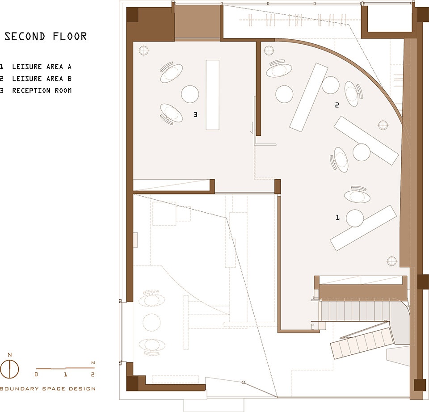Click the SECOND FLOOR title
click(46, 36)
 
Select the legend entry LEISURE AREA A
click(42, 67)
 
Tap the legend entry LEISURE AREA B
click(42, 79)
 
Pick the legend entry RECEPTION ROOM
click(42, 91)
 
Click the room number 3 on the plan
click(195, 115)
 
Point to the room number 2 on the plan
click(337, 105)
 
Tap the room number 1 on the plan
click(338, 218)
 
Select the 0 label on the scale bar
click(36, 374)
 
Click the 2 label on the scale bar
click(93, 374)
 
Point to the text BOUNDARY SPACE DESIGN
click(48, 389)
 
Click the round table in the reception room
click(190, 94)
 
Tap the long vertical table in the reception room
click(213, 95)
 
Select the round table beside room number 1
click(355, 218)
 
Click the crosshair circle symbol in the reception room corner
click(143, 50)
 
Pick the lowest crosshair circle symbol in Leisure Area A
click(392, 261)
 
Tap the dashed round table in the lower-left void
click(151, 323)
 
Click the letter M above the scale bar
click(93, 363)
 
